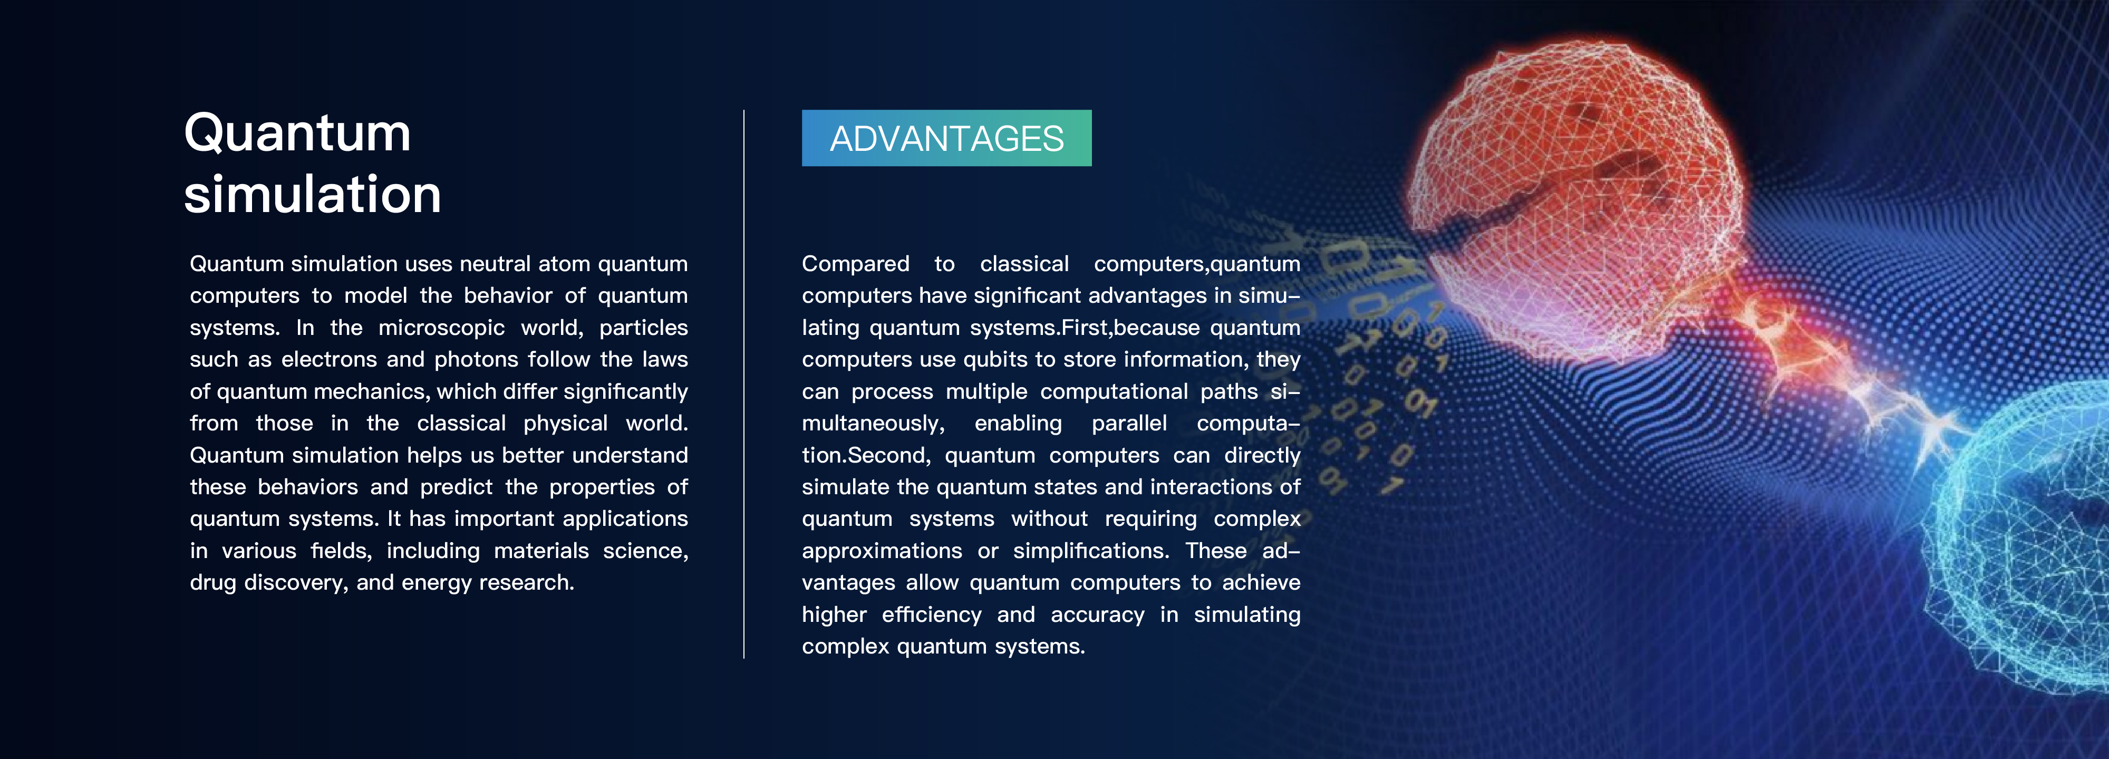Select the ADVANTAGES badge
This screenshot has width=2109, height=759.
pos(946,138)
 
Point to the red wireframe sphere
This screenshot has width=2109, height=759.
pos(1576,205)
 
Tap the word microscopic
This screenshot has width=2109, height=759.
pos(441,328)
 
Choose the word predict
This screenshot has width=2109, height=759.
pos(456,487)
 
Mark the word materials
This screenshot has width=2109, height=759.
pos(541,551)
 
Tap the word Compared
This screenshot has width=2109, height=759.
pos(856,264)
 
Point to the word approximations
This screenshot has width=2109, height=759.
pos(882,551)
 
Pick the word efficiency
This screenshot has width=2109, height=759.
pos(931,615)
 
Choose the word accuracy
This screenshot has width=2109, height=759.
pos(1097,615)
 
